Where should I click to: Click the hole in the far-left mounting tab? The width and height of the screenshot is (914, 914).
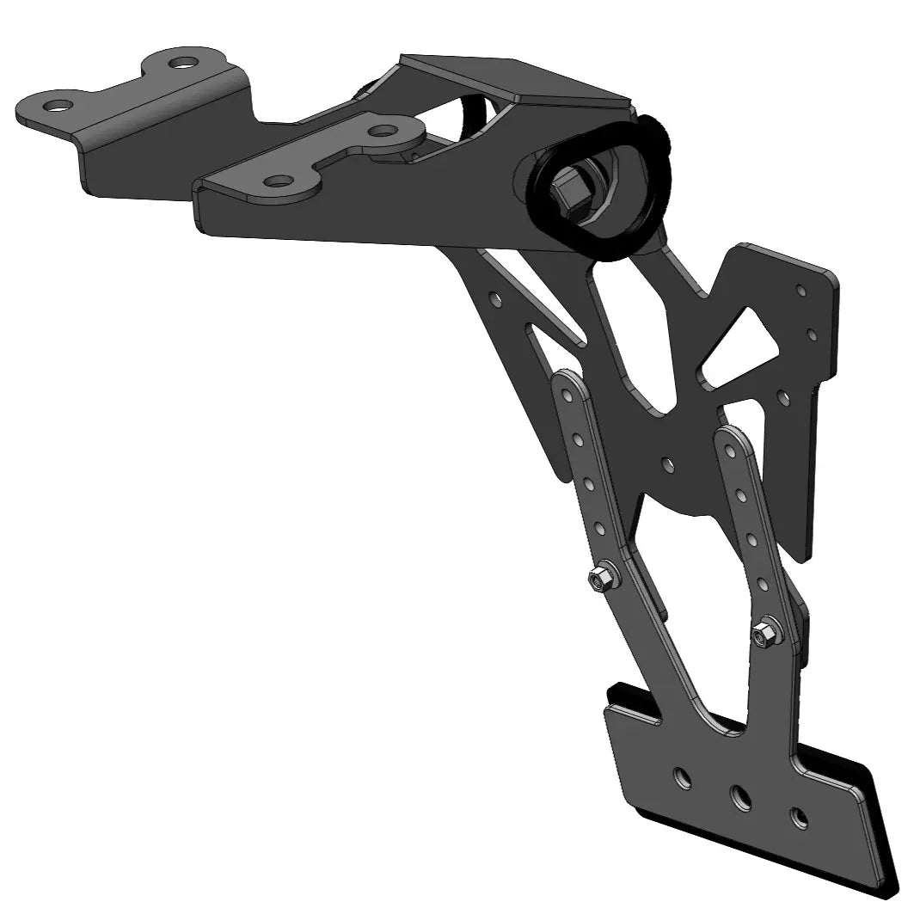[x=58, y=106]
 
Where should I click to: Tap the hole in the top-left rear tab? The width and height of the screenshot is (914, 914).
[x=181, y=62]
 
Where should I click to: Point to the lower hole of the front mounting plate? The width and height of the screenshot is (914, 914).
[x=276, y=181]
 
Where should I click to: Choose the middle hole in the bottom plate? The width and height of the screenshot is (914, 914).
[x=740, y=796]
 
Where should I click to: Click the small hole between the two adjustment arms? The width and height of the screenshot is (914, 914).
[x=667, y=464]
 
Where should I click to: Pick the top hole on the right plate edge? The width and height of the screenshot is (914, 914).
[x=800, y=291]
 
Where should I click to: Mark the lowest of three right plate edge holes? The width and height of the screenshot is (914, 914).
[x=782, y=396]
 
